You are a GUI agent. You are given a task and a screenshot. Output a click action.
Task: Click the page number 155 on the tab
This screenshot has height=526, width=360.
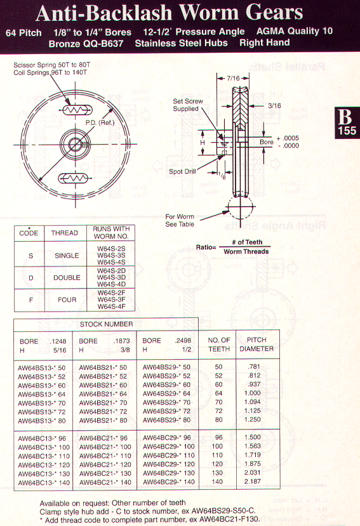tap(347, 131)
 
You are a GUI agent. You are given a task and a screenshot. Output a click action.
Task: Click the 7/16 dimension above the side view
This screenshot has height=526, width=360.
tap(233, 78)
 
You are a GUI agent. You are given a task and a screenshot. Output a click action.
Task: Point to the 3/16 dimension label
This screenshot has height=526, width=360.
tap(274, 106)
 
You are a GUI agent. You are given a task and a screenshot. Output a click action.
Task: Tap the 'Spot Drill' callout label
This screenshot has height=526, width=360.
tap(182, 171)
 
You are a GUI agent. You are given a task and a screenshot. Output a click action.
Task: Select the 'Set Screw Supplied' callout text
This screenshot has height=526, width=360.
tap(188, 105)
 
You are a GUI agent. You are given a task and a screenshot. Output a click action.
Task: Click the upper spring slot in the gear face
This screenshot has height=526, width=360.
tap(77, 110)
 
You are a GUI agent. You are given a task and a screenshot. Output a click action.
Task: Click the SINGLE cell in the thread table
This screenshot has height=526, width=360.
tap(67, 256)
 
